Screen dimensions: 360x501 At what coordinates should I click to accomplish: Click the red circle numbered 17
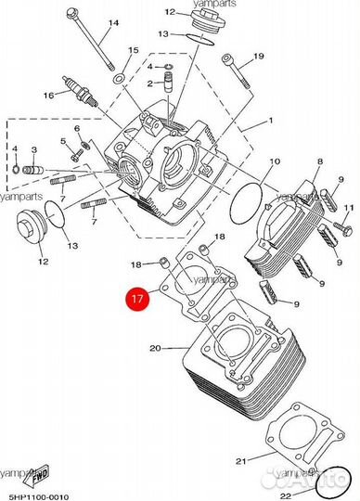[137, 299]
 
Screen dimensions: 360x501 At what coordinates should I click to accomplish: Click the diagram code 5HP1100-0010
[39, 496]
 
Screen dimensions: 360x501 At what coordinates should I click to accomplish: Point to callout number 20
[155, 348]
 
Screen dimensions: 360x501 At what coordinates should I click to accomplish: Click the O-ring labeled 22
[333, 482]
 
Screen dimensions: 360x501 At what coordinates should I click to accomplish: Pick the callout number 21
[241, 461]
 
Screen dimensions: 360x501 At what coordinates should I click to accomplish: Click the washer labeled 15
[119, 78]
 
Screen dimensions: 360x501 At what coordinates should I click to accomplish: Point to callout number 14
[113, 23]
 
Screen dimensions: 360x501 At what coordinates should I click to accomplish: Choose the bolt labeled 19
[237, 71]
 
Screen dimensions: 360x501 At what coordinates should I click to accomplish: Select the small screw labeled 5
[76, 155]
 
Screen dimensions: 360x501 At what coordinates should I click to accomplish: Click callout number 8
[320, 161]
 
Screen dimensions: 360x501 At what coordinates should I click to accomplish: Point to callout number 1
[271, 121]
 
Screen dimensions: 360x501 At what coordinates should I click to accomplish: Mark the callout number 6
[77, 128]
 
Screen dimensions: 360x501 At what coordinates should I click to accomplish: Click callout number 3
[33, 149]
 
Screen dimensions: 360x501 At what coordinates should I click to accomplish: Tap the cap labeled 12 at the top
[208, 19]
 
